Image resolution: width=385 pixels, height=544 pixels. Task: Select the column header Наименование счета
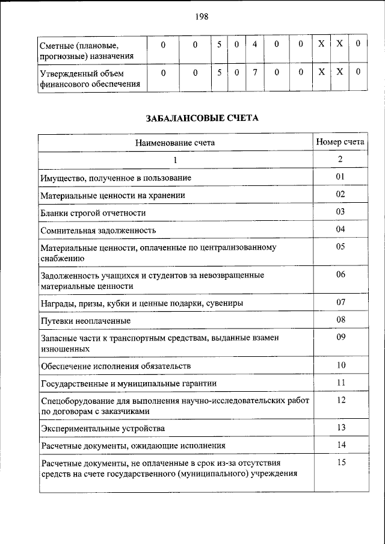click(175, 143)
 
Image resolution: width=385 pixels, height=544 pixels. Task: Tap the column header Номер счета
click(340, 142)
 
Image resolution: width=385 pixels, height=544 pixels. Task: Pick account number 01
click(340, 177)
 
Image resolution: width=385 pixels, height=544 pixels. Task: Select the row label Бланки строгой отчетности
click(93, 212)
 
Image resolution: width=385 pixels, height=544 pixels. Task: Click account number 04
click(340, 229)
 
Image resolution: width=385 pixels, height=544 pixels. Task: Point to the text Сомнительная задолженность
click(99, 230)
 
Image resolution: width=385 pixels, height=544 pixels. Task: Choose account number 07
click(340, 301)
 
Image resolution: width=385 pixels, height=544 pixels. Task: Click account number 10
click(340, 365)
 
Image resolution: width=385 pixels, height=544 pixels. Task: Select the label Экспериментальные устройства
click(102, 428)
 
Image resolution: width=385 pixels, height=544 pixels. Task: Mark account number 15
click(340, 463)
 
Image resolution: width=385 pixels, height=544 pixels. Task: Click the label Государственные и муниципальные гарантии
click(129, 383)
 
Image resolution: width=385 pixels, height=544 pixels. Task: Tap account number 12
click(340, 400)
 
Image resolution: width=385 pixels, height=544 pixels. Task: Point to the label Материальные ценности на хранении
click(112, 195)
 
